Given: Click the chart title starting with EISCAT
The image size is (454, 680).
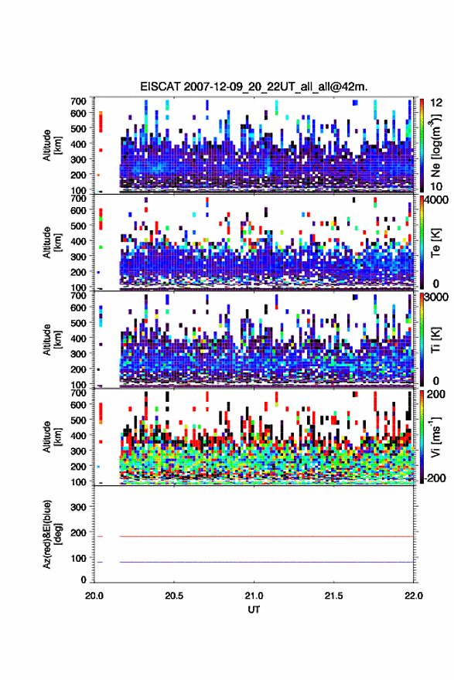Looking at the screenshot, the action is coord(254,87).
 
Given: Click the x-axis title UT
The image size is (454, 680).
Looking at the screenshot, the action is coord(254,610).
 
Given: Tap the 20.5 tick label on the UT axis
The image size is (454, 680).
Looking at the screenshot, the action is coord(174,596).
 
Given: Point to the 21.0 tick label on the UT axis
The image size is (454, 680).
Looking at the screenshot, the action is coord(254,596).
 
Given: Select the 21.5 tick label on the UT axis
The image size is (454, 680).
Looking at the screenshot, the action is coord(333,596).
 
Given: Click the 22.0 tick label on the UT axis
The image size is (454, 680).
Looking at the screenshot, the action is coord(413,596).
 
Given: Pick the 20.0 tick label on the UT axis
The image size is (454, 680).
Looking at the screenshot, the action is coord(94,596).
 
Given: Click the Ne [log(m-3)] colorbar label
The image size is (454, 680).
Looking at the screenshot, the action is coord(436,146).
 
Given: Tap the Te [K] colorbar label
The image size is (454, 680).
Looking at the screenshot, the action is coord(436,243).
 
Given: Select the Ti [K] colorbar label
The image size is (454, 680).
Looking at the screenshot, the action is coord(436,340).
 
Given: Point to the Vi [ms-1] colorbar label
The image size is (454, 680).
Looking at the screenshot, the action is coord(436,437).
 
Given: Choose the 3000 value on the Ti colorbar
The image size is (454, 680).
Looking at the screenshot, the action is coord(435,297).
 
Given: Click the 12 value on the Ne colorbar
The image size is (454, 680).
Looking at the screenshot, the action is coord(436,102).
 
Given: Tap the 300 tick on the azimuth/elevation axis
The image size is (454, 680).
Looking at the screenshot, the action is coord(78,507).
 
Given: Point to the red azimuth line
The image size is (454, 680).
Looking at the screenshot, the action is coord(266,536).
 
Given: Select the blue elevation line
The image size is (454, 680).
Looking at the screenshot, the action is coord(266,562).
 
